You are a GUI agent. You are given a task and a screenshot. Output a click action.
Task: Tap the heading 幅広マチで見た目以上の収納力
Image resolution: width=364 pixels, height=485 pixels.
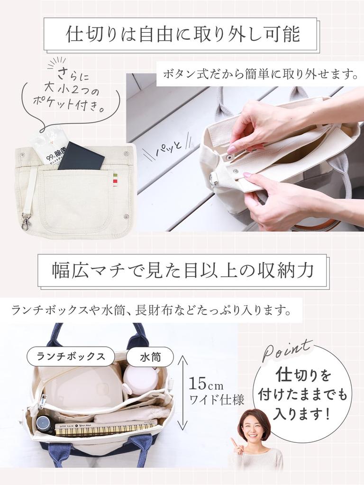[x=183, y=270]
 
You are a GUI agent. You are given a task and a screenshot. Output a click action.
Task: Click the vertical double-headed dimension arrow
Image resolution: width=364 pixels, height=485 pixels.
[x=182, y=393]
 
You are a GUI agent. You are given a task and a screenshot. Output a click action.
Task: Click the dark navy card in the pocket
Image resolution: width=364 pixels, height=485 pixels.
[x=81, y=156]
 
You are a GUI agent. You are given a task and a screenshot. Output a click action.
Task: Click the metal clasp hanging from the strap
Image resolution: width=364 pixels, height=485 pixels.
[x=26, y=221]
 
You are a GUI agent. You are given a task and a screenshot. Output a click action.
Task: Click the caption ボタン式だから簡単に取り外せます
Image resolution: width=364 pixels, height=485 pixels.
[x=260, y=74]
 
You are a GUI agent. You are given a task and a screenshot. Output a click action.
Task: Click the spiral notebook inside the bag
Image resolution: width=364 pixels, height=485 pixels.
[x=104, y=429]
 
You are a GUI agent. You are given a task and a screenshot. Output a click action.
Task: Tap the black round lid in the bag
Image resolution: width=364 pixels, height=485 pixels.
[x=44, y=424]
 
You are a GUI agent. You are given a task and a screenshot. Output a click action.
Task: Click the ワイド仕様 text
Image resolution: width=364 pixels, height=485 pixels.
[x=217, y=400]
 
